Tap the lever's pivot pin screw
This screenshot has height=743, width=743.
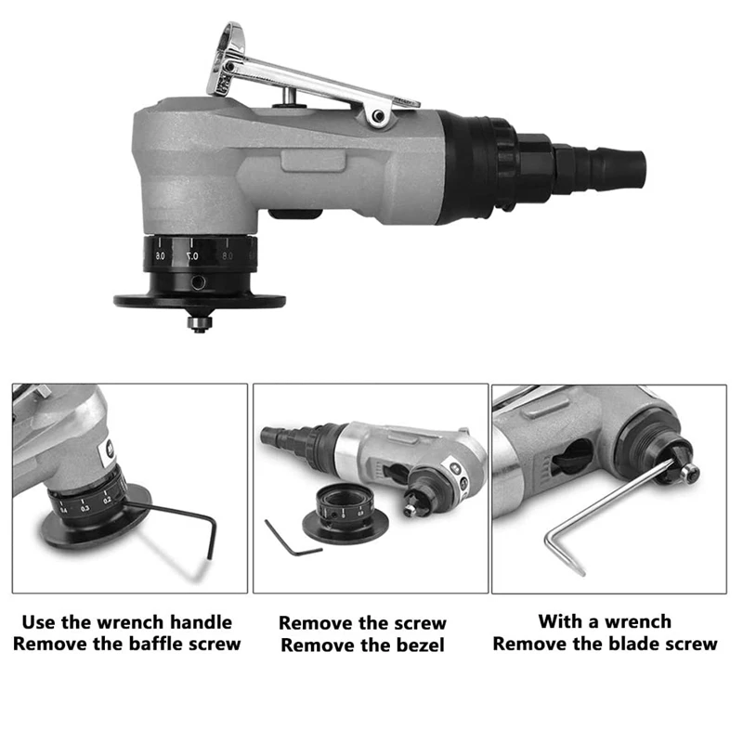[378, 116]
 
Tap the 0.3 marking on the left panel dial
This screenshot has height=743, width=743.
[85, 508]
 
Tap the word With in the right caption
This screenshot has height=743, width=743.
[557, 622]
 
